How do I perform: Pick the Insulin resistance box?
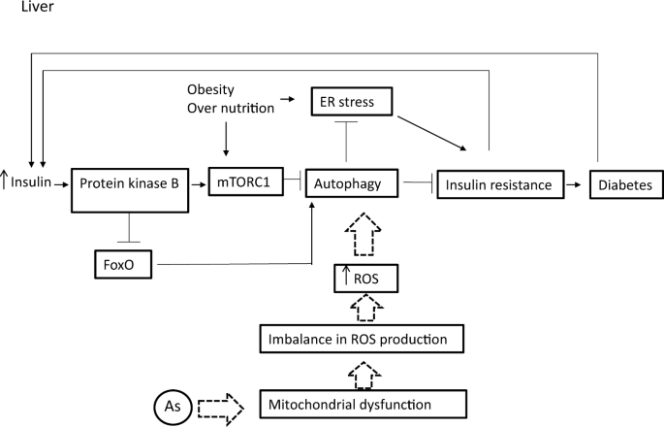[497, 182]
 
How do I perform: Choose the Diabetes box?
[623, 182]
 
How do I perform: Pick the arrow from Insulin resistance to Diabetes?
[574, 182]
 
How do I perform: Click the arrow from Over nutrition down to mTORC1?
[226, 139]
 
